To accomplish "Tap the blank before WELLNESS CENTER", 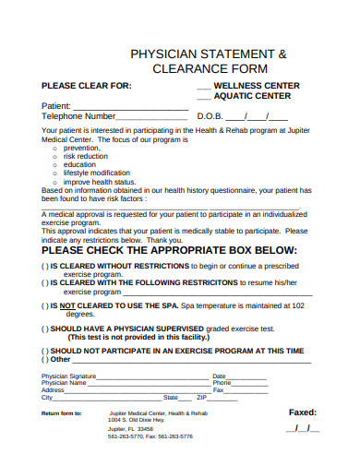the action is pyautogui.click(x=204, y=86).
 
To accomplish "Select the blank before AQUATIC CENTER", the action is pyautogui.click(x=204, y=96).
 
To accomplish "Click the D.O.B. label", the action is pyautogui.click(x=211, y=117).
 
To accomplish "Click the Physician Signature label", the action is pyautogui.click(x=69, y=376).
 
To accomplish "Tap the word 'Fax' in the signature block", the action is pyautogui.click(x=219, y=389).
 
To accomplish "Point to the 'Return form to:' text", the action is pyautogui.click(x=62, y=413).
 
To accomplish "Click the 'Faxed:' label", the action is pyautogui.click(x=303, y=412).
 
